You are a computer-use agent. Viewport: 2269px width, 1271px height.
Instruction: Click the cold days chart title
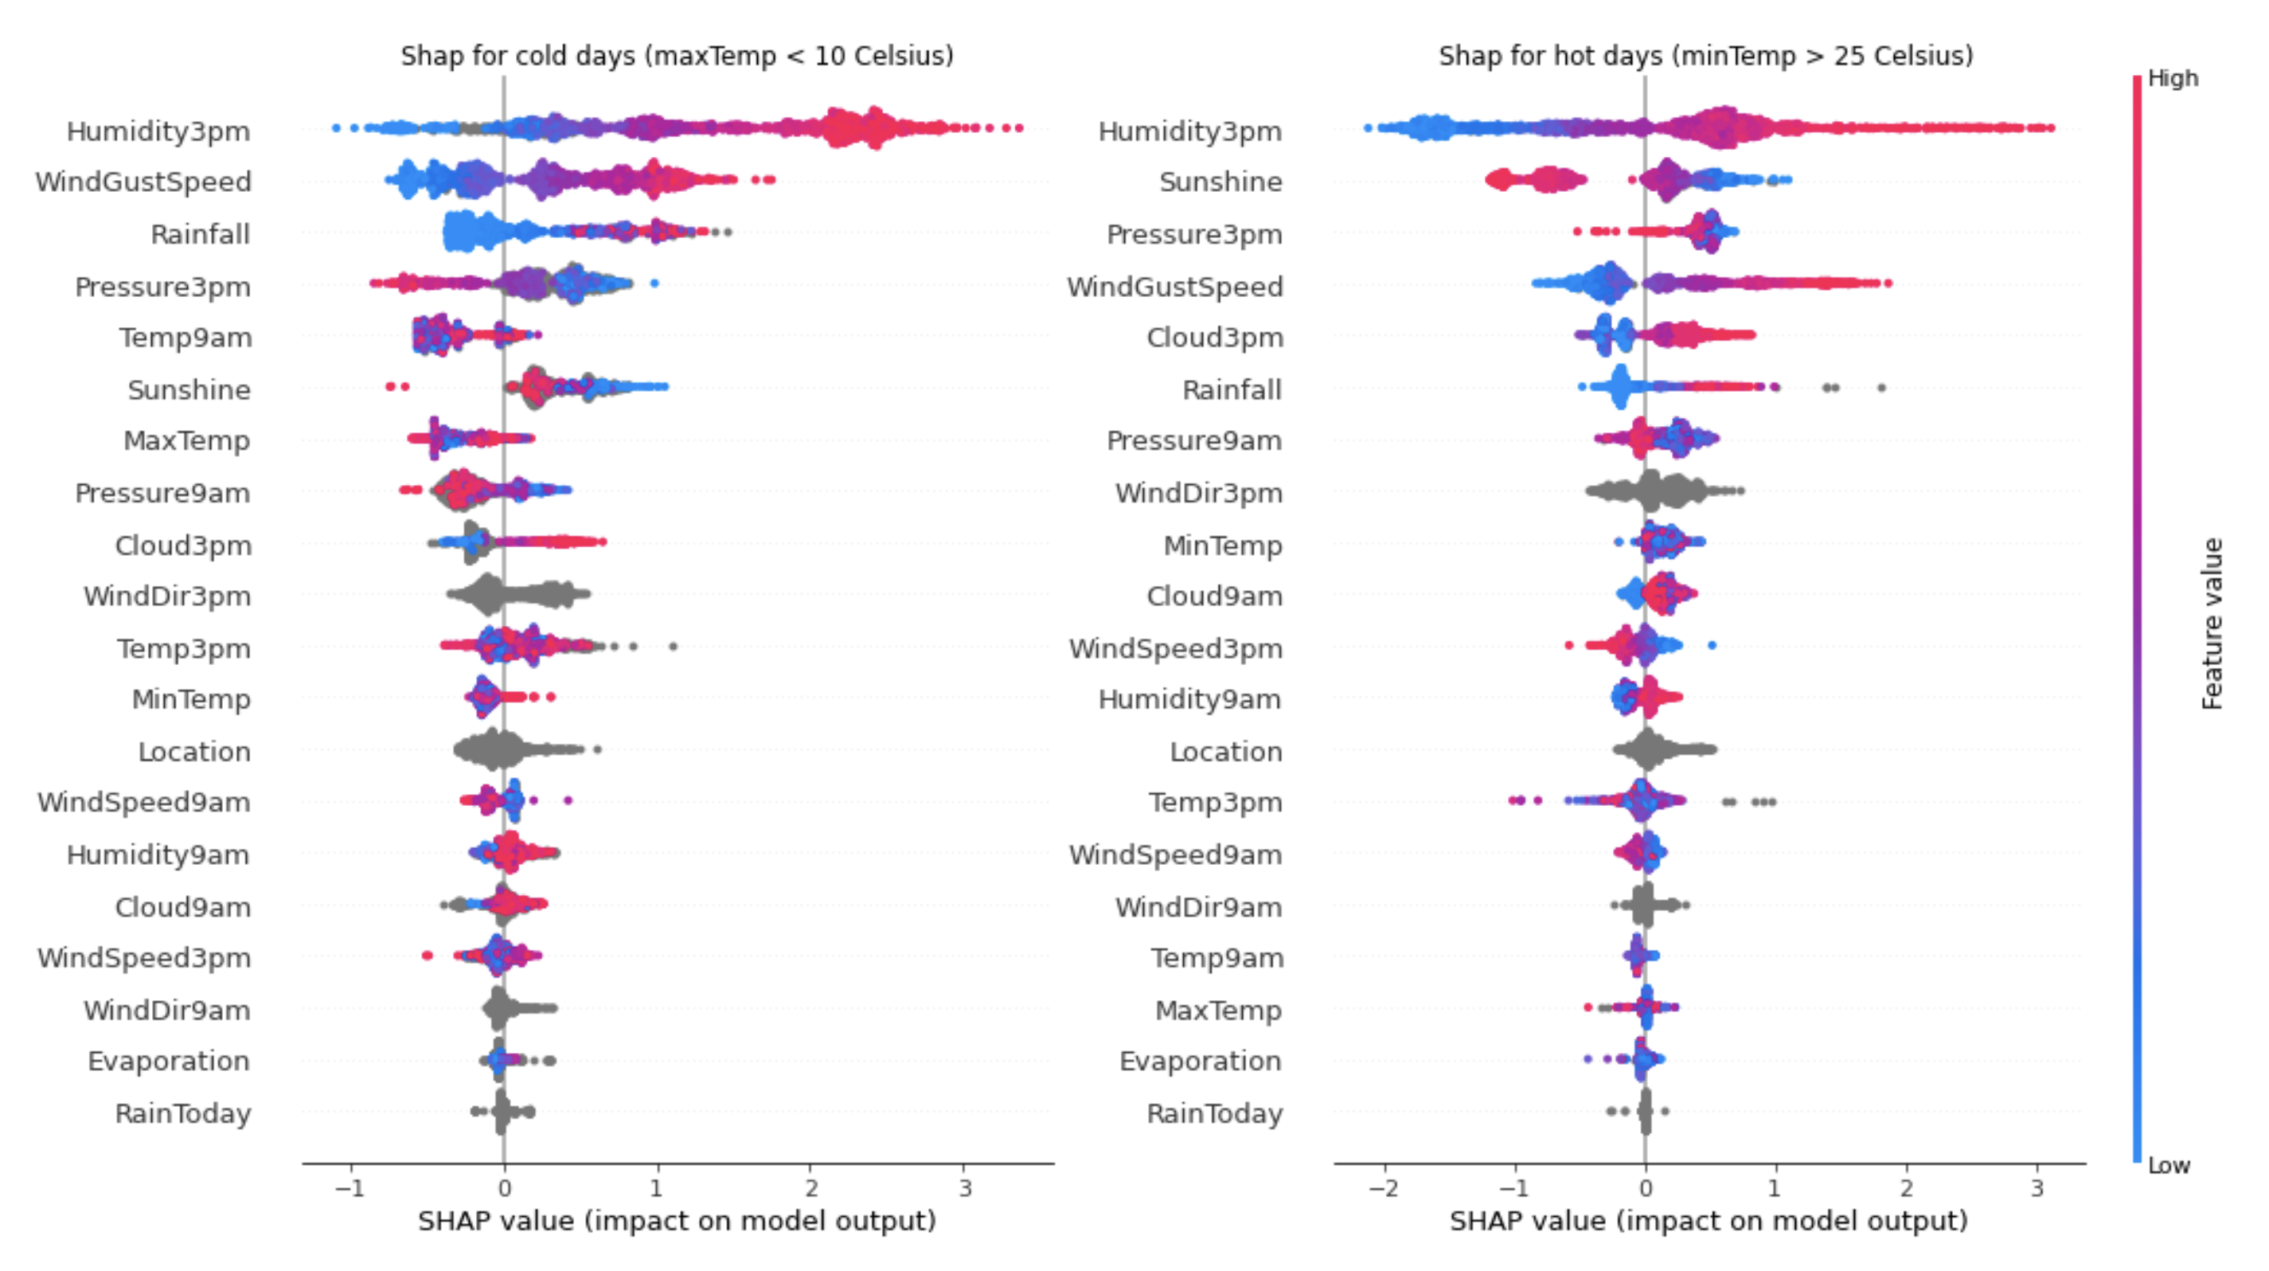pyautogui.click(x=677, y=56)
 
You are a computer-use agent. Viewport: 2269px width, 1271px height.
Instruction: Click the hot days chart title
pyautogui.click(x=1705, y=56)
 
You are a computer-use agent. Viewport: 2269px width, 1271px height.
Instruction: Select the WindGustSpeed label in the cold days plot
pyautogui.click(x=143, y=182)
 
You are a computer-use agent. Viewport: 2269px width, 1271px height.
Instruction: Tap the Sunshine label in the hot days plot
pyautogui.click(x=1220, y=182)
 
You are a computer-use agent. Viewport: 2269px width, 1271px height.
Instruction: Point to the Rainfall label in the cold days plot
pyautogui.click(x=200, y=234)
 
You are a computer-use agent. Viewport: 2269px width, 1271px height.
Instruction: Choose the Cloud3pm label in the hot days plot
pyautogui.click(x=1214, y=338)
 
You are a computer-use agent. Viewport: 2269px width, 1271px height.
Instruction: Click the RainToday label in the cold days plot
pyautogui.click(x=183, y=1113)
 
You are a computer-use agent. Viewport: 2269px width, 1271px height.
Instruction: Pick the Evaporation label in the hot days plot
pyautogui.click(x=1200, y=1062)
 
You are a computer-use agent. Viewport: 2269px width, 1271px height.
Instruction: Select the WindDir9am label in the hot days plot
pyautogui.click(x=1198, y=907)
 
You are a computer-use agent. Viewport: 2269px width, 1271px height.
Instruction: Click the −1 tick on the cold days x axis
pyautogui.click(x=350, y=1188)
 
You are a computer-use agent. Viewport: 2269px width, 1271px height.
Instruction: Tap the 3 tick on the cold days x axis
pyautogui.click(x=964, y=1188)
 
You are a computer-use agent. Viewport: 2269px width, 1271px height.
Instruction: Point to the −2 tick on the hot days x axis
pyautogui.click(x=1383, y=1188)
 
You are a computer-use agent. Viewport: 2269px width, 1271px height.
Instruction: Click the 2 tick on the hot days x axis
pyautogui.click(x=1906, y=1188)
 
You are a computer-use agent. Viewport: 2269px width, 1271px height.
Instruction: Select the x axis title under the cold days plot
pyautogui.click(x=677, y=1221)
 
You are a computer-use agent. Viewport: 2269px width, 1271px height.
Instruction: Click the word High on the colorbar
pyautogui.click(x=2172, y=78)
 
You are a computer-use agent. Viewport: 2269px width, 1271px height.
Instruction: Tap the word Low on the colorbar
pyautogui.click(x=2168, y=1165)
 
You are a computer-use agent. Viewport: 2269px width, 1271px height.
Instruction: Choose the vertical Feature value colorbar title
pyautogui.click(x=2212, y=623)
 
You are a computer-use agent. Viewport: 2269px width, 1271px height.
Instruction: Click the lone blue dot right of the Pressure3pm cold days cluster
pyautogui.click(x=654, y=284)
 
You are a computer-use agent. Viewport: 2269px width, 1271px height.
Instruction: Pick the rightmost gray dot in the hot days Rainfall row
pyautogui.click(x=1881, y=388)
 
